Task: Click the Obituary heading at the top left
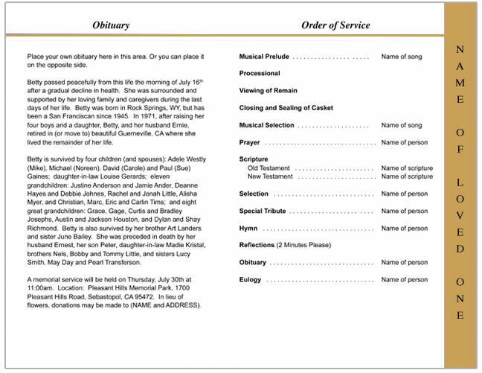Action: tap(111, 25)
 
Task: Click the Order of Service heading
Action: tap(335, 25)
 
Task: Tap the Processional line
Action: tap(260, 74)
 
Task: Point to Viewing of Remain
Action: tap(269, 91)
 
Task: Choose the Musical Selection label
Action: tap(267, 125)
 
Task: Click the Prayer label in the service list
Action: tap(250, 142)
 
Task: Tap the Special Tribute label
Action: tap(262, 211)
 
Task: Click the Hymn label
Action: tap(248, 228)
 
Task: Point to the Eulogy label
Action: tap(251, 279)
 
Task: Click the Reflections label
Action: tap(257, 245)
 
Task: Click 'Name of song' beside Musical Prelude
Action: tap(401, 57)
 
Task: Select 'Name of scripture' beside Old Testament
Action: tap(406, 168)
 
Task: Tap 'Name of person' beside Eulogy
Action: tap(404, 279)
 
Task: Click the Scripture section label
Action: tap(254, 159)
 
